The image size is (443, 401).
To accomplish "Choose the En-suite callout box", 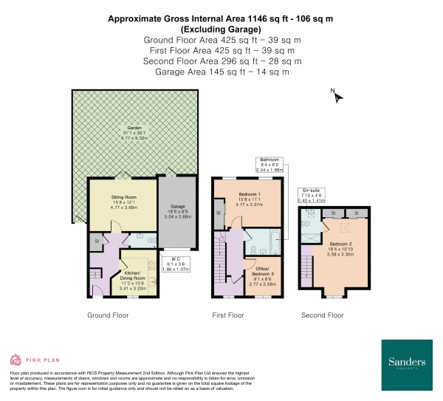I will pos(310,195).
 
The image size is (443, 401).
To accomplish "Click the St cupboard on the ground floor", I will pos(96,240).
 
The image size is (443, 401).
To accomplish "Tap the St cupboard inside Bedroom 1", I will pos(219,213).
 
